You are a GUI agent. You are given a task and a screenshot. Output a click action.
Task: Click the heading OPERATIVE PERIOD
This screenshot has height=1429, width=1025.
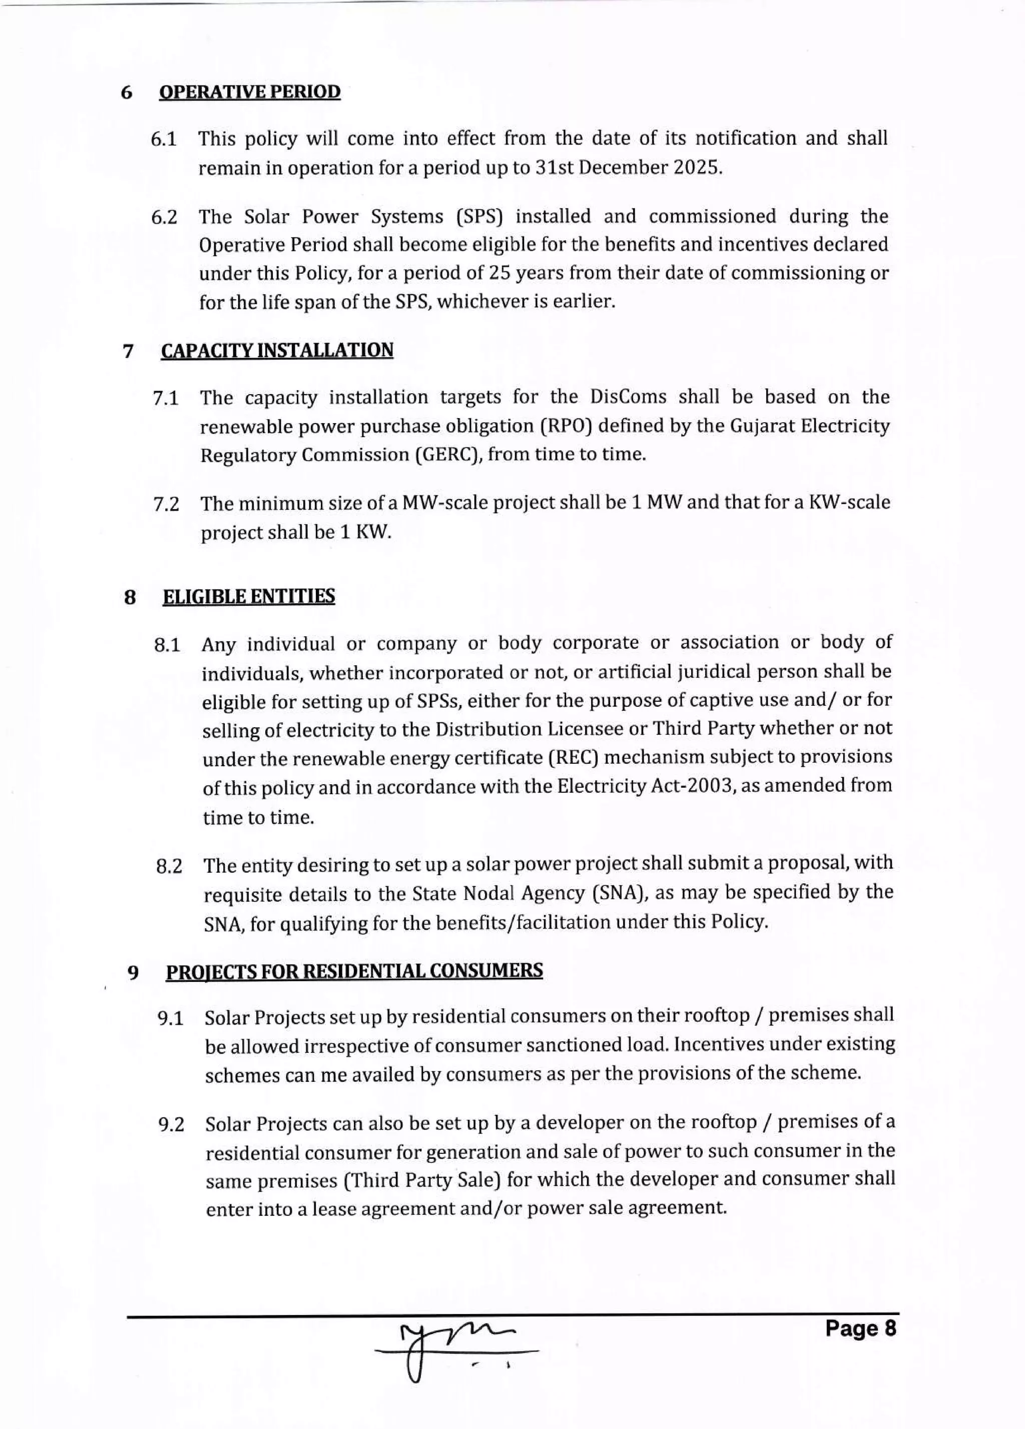[250, 92]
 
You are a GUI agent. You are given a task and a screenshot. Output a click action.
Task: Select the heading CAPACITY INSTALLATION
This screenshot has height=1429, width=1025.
[277, 350]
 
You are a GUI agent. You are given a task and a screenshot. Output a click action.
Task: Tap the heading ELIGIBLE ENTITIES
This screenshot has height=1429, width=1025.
[249, 596]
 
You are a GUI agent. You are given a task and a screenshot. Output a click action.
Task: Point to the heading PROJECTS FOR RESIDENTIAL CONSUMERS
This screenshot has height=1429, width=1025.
[354, 971]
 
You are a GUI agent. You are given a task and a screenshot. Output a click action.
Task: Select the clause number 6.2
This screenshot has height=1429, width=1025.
[164, 218]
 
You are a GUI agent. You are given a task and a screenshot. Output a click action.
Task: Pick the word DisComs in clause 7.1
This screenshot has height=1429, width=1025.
[628, 397]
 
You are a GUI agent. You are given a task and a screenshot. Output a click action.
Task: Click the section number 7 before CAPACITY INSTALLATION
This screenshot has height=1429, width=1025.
[129, 351]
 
